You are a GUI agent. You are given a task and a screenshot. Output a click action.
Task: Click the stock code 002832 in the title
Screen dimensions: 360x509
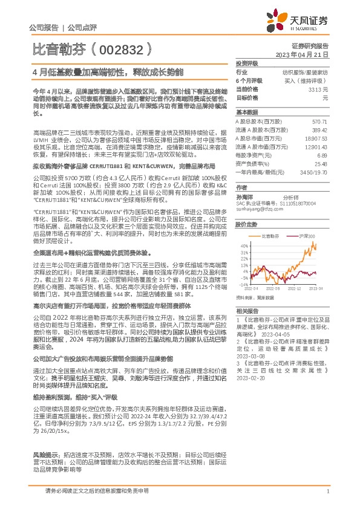point(119,47)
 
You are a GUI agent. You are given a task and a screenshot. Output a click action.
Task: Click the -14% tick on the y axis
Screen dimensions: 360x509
point(244,284)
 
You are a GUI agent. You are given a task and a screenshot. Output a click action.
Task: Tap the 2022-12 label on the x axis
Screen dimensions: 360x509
point(294,290)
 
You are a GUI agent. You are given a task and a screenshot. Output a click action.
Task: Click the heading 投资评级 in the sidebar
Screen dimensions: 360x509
point(246,63)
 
